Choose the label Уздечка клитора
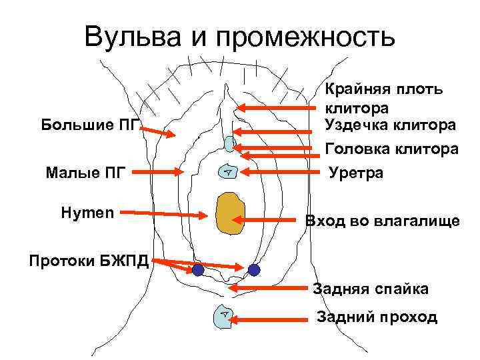point(391,125)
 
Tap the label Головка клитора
point(391,149)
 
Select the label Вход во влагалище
point(382,221)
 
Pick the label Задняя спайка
point(371,289)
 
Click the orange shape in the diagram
point(229,214)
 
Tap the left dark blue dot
point(198,270)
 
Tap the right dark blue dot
point(253,270)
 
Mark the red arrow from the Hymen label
point(163,214)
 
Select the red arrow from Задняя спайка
point(270,289)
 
